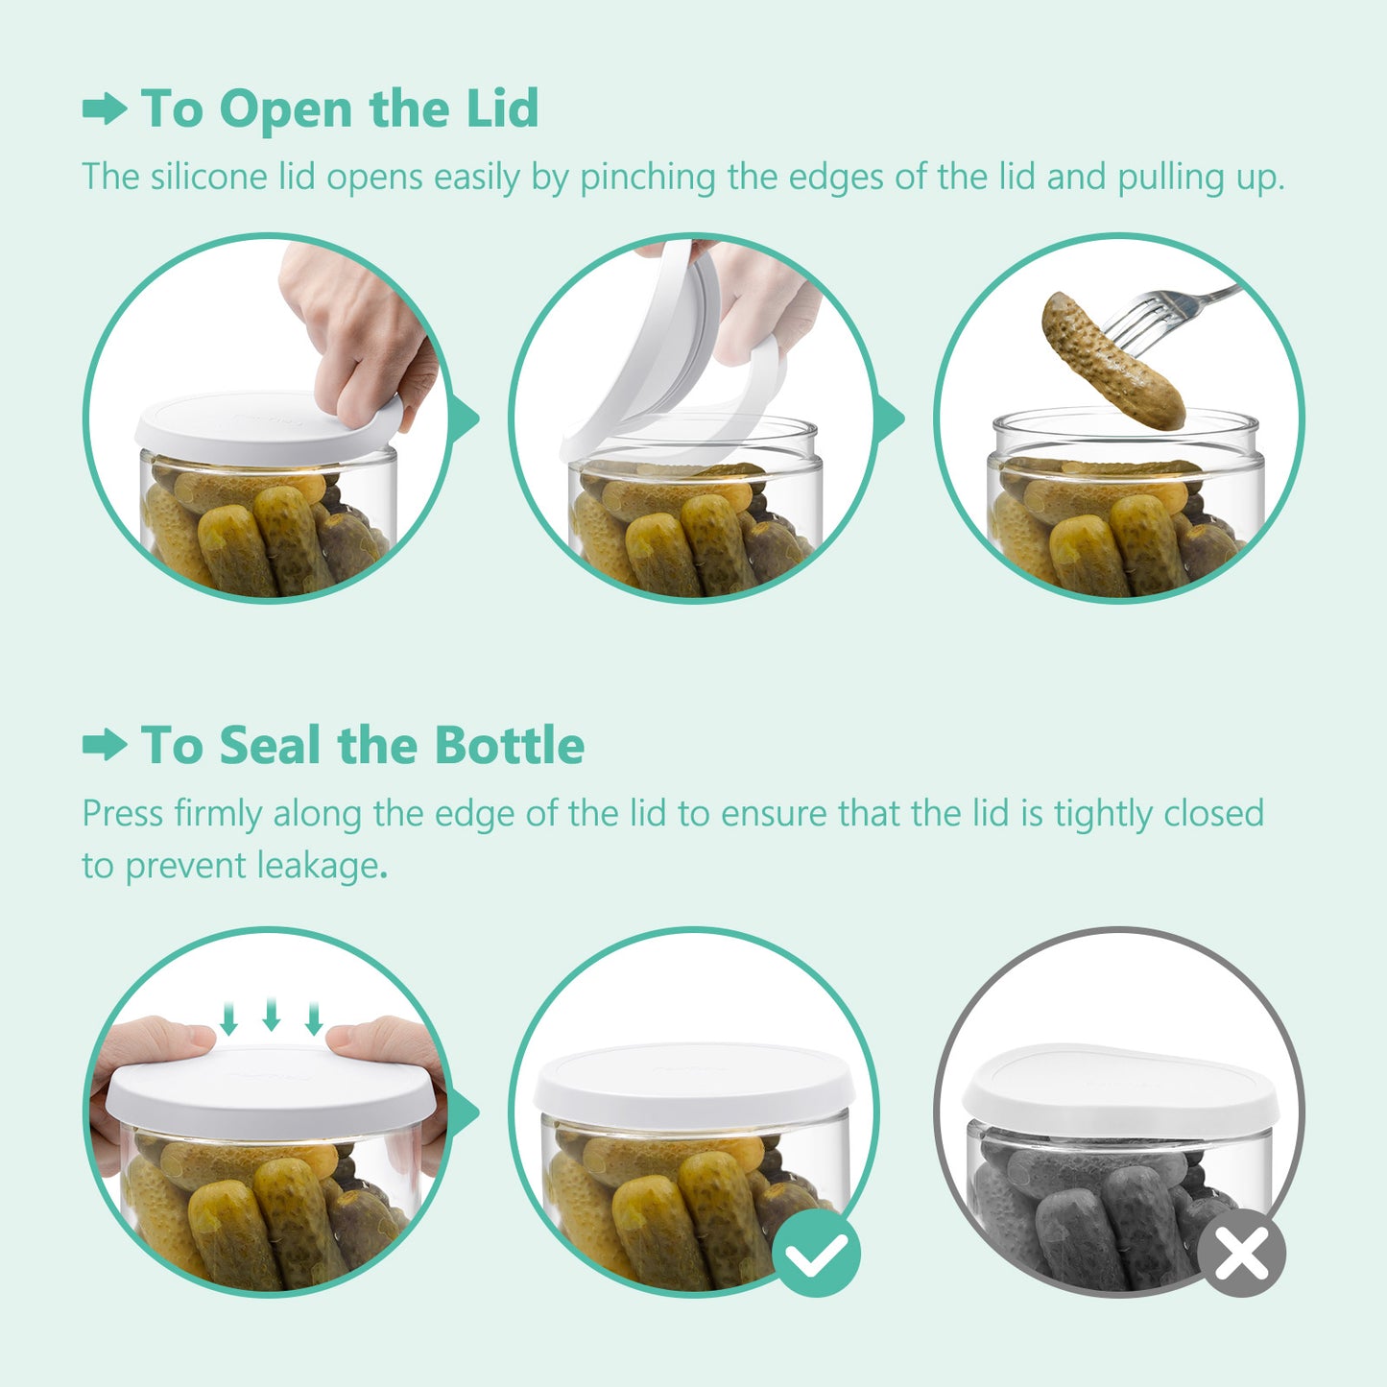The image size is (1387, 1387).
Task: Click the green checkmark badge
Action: [816, 1253]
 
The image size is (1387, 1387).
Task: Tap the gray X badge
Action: [1241, 1253]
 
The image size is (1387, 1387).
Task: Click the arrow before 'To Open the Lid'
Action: [105, 108]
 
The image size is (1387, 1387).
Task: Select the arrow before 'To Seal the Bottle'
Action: [105, 745]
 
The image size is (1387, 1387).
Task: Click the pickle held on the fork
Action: [1113, 361]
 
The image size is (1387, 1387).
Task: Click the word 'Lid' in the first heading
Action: [502, 108]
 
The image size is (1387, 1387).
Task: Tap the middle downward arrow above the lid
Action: [272, 1015]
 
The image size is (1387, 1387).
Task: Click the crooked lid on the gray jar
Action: [1118, 1085]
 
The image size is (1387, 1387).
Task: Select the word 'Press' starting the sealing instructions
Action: [123, 814]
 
